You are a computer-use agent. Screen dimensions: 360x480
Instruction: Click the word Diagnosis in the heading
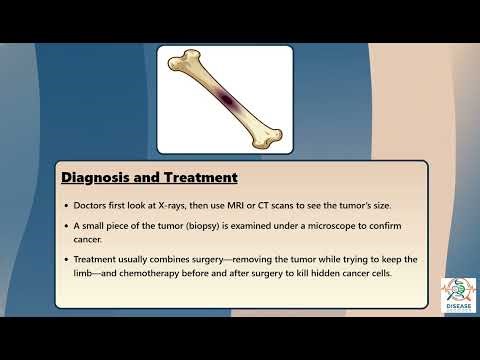point(92,178)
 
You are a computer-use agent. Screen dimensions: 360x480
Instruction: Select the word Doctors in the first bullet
point(95,205)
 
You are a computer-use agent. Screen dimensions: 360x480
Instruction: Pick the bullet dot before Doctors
point(66,205)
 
